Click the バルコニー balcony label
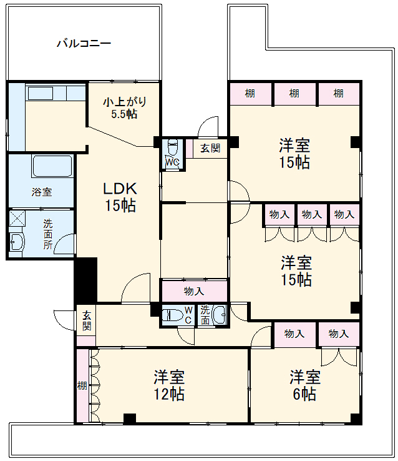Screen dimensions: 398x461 pyautogui.click(x=84, y=44)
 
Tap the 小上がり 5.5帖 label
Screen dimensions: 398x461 pyautogui.click(x=124, y=107)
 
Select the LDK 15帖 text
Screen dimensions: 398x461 pyautogui.click(x=120, y=197)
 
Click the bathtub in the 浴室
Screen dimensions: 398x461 pyautogui.click(x=52, y=166)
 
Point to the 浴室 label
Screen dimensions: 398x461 pyautogui.click(x=42, y=192)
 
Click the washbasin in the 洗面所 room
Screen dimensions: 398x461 pyautogui.click(x=17, y=242)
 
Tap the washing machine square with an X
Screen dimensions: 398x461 pyautogui.click(x=17, y=218)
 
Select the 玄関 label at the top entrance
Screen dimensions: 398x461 pyautogui.click(x=210, y=148)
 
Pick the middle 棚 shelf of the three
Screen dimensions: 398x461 pyautogui.click(x=294, y=93)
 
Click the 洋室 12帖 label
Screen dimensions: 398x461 pyautogui.click(x=169, y=385)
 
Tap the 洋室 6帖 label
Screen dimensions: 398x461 pyautogui.click(x=305, y=385)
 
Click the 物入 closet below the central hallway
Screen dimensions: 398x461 pyautogui.click(x=194, y=291)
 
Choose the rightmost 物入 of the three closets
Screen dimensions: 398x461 pyautogui.click(x=344, y=214)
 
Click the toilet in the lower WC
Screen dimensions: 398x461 pyautogui.click(x=172, y=315)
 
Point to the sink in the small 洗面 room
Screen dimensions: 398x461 pyautogui.click(x=218, y=315)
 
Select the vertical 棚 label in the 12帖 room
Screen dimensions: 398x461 pyautogui.click(x=82, y=385)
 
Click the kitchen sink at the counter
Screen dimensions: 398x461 pyautogui.click(x=41, y=93)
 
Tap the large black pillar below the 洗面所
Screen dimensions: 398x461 pyautogui.click(x=85, y=280)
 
